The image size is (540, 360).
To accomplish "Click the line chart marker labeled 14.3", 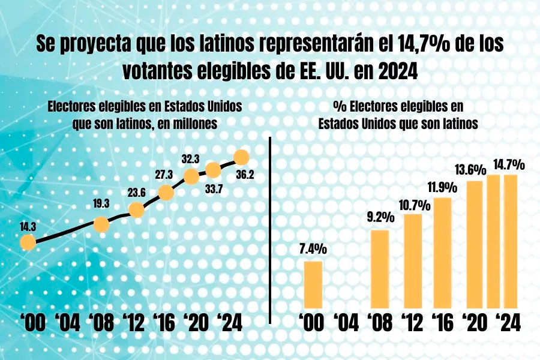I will [27, 242].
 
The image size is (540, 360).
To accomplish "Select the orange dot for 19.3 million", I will [101, 224].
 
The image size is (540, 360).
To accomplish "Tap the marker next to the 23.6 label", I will [136, 210].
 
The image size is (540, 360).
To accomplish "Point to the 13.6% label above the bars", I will [470, 170].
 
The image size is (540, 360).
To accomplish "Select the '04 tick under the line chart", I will [67, 323].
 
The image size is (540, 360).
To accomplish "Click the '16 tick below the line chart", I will [164, 323].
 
